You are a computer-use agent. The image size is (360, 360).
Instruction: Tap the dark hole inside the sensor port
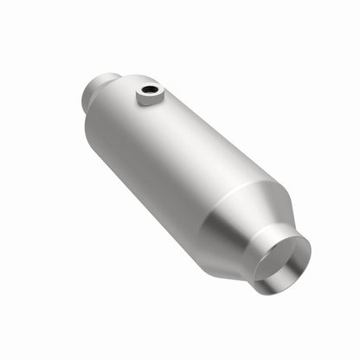click(x=151, y=87)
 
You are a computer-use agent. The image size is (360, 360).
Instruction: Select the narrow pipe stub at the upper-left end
click(x=102, y=88)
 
